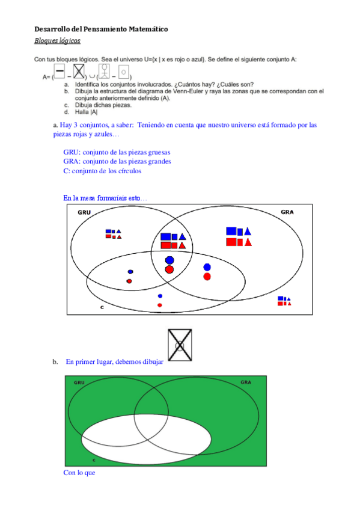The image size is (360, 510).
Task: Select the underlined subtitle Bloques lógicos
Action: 58,41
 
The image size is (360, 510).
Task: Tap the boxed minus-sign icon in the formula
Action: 59,71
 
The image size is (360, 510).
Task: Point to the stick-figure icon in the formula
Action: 104,71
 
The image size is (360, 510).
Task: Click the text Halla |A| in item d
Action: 86,112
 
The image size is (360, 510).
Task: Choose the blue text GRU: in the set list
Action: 72,152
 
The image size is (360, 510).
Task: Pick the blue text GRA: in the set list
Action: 72,161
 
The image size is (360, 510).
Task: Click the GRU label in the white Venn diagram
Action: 84,212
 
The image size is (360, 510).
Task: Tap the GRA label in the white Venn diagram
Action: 287,212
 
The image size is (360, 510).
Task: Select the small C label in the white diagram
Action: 102,307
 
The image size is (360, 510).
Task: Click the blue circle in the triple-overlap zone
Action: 169,260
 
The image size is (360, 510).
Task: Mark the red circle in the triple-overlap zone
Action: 169,269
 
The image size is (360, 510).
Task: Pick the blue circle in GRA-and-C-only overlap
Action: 207,268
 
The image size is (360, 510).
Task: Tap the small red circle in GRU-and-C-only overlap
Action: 129,281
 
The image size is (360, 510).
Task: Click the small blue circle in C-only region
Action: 160,296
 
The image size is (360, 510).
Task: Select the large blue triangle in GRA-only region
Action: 248,232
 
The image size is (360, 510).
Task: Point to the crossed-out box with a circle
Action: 180,345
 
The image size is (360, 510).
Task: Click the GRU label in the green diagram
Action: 79,382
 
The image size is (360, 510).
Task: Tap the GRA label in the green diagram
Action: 246,382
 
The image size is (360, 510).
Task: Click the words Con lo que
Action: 79,473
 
